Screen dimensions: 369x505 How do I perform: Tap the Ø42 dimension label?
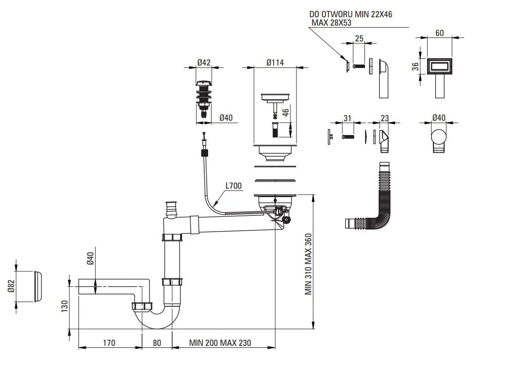tap(204, 63)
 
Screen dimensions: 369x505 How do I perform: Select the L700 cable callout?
tap(233, 186)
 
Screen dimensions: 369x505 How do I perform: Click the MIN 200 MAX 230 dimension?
tap(220, 342)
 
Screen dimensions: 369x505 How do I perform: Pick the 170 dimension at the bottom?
tap(109, 342)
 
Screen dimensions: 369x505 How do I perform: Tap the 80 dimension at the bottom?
tap(157, 342)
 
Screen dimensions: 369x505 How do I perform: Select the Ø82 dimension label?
tap(11, 286)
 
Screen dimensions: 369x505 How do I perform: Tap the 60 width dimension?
tap(439, 33)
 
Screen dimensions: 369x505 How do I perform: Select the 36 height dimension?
tap(416, 66)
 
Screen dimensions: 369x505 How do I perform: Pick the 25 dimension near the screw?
tap(359, 38)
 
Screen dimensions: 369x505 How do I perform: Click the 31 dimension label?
tap(347, 118)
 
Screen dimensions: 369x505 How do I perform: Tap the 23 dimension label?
tap(385, 118)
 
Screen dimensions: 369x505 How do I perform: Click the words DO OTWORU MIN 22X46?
tap(351, 15)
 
